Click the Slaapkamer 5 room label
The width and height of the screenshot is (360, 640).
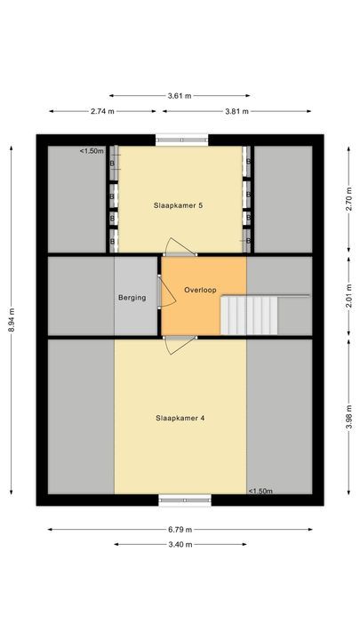pyautogui.click(x=179, y=205)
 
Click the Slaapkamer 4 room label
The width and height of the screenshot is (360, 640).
pyautogui.click(x=180, y=417)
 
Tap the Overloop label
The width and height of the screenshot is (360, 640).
pyautogui.click(x=201, y=291)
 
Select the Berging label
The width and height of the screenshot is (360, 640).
pyautogui.click(x=132, y=298)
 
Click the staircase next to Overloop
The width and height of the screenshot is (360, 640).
pyautogui.click(x=251, y=315)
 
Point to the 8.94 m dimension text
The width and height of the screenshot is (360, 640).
pyautogui.click(x=12, y=318)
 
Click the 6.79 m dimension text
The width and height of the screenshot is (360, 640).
pyautogui.click(x=180, y=530)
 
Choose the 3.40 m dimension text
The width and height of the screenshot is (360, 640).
pyautogui.click(x=180, y=545)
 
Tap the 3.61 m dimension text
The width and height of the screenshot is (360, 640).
pyautogui.click(x=180, y=95)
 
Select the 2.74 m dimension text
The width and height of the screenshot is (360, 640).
pyautogui.click(x=103, y=111)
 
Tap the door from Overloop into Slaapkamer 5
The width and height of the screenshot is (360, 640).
pyautogui.click(x=179, y=249)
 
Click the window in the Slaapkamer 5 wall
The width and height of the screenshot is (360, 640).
pyautogui.click(x=183, y=138)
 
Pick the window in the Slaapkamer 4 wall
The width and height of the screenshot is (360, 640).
pyautogui.click(x=186, y=500)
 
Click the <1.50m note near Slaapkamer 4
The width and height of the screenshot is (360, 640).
pyautogui.click(x=260, y=491)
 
